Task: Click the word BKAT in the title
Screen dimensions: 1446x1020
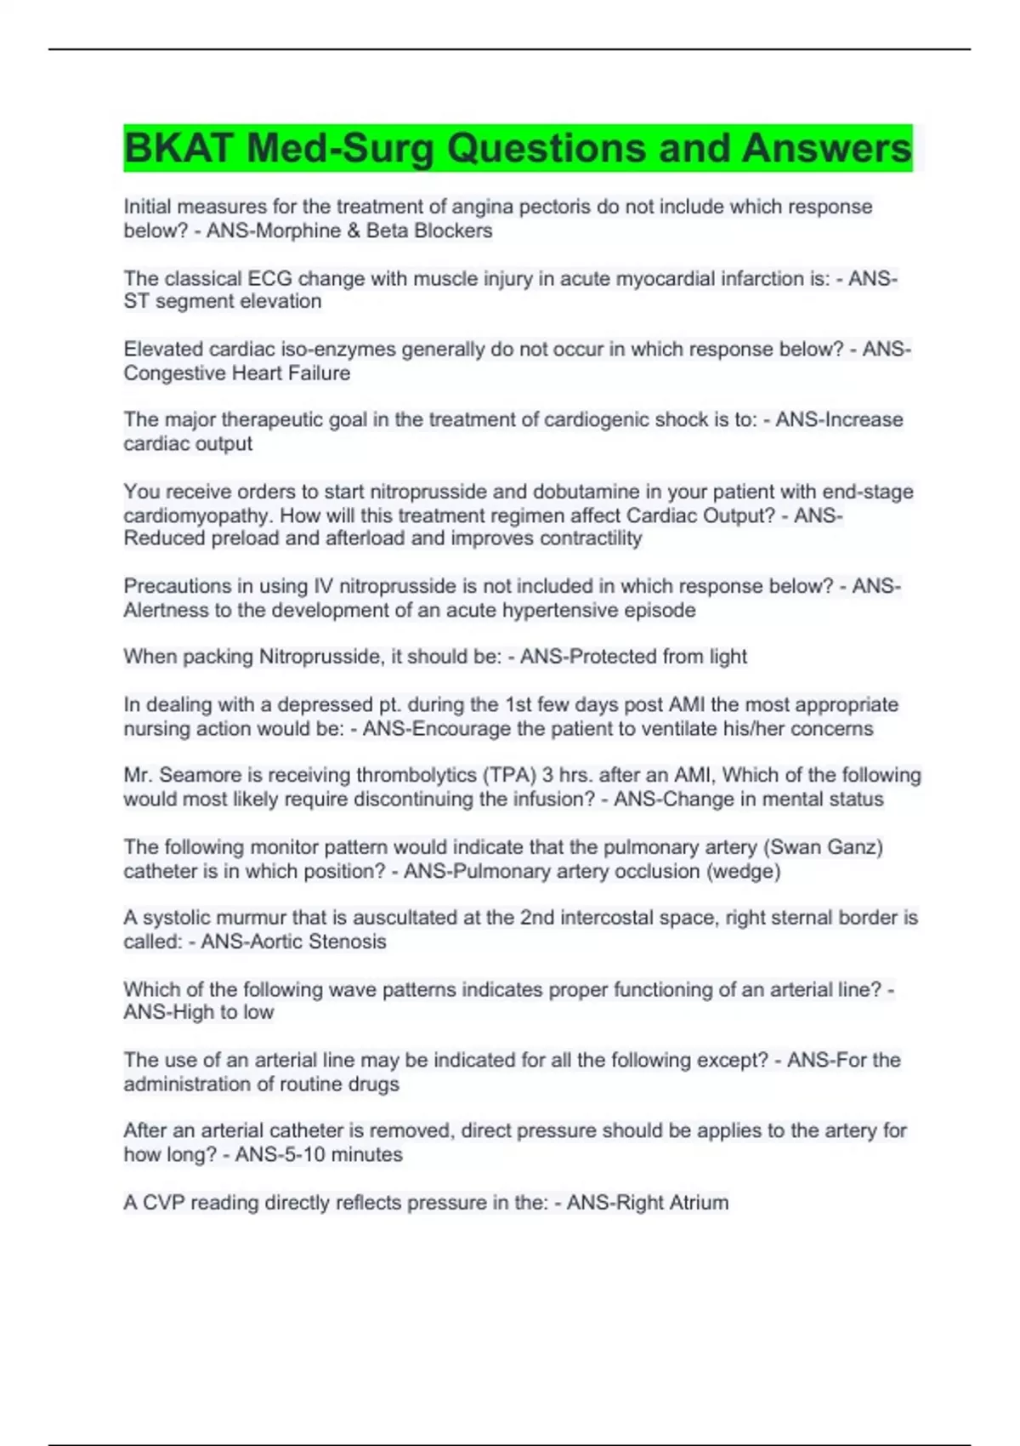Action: click(x=178, y=149)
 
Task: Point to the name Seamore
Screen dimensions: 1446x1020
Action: click(x=198, y=775)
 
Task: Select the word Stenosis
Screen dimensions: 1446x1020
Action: click(x=347, y=942)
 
